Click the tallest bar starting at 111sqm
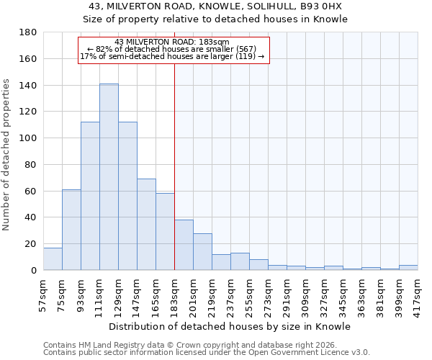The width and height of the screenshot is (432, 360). pyautogui.click(x=109, y=177)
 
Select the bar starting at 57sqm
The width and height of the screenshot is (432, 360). pyautogui.click(x=53, y=259)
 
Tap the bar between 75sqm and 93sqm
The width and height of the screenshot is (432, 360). pyautogui.click(x=71, y=230)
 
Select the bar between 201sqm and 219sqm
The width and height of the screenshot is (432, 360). pyautogui.click(x=202, y=252)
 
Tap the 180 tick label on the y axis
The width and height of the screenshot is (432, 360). pyautogui.click(x=29, y=32)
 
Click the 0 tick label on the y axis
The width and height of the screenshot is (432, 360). pyautogui.click(x=33, y=270)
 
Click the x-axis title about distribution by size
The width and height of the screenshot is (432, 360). pyautogui.click(x=230, y=326)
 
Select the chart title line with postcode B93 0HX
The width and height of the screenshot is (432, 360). pyautogui.click(x=215, y=6)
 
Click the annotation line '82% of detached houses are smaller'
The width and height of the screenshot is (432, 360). pyautogui.click(x=172, y=49)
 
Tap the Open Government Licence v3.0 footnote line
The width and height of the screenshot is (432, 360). pyautogui.click(x=207, y=353)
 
